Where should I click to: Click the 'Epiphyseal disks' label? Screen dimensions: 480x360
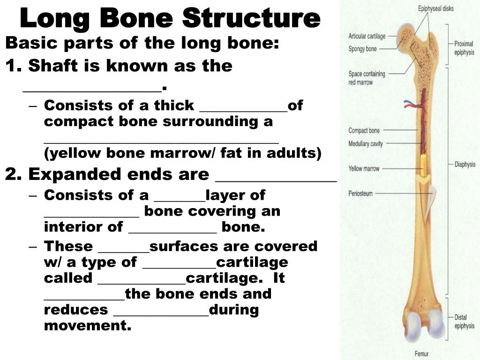point(435,8)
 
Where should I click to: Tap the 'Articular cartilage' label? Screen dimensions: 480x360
point(367,36)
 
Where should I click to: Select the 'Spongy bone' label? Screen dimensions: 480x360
point(362,49)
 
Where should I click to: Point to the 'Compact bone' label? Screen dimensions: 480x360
point(364,131)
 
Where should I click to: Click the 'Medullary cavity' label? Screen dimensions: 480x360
point(366,143)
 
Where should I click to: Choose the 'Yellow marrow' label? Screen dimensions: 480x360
point(364,169)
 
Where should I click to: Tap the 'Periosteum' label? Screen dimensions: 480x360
point(360,194)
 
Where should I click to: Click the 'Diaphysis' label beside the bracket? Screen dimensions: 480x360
point(465,165)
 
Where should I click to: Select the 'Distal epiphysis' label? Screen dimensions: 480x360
point(465,322)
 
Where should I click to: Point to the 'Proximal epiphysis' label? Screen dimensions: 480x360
point(464,48)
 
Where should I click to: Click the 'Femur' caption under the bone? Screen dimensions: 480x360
point(421,353)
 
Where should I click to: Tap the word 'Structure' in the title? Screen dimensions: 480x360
point(252,18)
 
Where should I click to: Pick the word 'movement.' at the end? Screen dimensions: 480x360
point(88,325)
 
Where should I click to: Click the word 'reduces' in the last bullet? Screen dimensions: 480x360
point(76,310)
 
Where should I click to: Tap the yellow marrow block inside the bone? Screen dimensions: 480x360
point(424,165)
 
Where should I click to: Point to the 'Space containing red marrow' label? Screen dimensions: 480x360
point(367,78)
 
